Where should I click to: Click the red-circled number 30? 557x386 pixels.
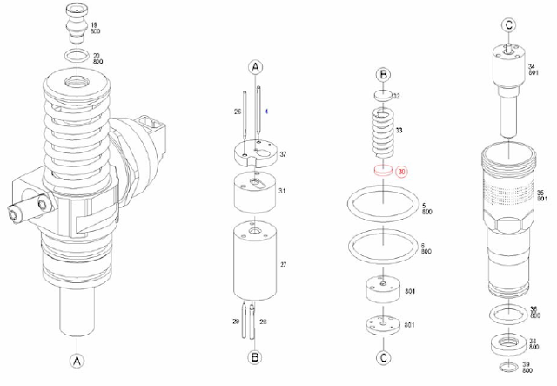(x=401, y=172)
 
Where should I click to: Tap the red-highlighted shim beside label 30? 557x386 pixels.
(x=381, y=171)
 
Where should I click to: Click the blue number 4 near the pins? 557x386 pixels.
(x=268, y=112)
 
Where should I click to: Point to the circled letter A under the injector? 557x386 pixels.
(x=77, y=360)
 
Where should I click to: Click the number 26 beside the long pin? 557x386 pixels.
(x=237, y=112)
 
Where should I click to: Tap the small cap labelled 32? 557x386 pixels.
(x=380, y=95)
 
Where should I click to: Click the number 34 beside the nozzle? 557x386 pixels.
(x=530, y=66)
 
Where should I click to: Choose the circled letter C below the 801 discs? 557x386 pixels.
(x=382, y=356)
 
